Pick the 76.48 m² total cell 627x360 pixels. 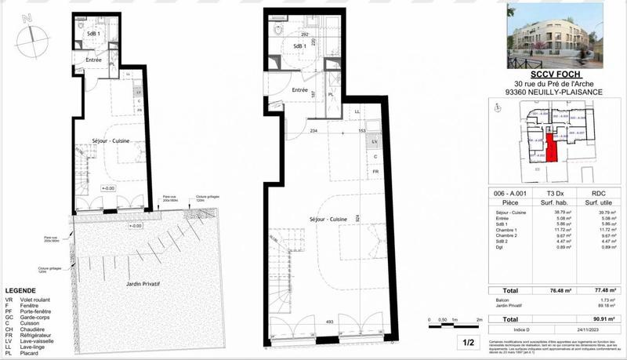point(557,290)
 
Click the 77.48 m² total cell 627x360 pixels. point(603,290)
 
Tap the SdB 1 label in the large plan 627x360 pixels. point(299,46)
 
